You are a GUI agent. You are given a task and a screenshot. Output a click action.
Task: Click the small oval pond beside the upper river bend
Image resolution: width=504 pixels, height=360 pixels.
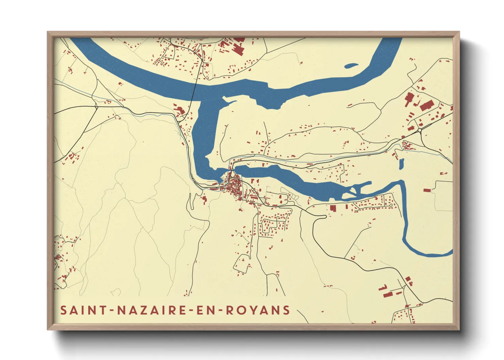tap(351, 66)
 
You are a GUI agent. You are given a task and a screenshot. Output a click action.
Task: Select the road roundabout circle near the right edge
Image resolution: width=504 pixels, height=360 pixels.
tap(420, 130)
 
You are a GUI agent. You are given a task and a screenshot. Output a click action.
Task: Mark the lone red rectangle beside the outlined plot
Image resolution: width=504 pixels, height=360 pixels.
tap(427, 190)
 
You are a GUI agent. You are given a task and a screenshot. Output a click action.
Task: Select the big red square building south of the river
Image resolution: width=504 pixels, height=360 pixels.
tap(333, 208)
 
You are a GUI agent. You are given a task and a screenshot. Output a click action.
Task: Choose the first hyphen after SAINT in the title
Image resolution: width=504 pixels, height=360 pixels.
tap(110, 311)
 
